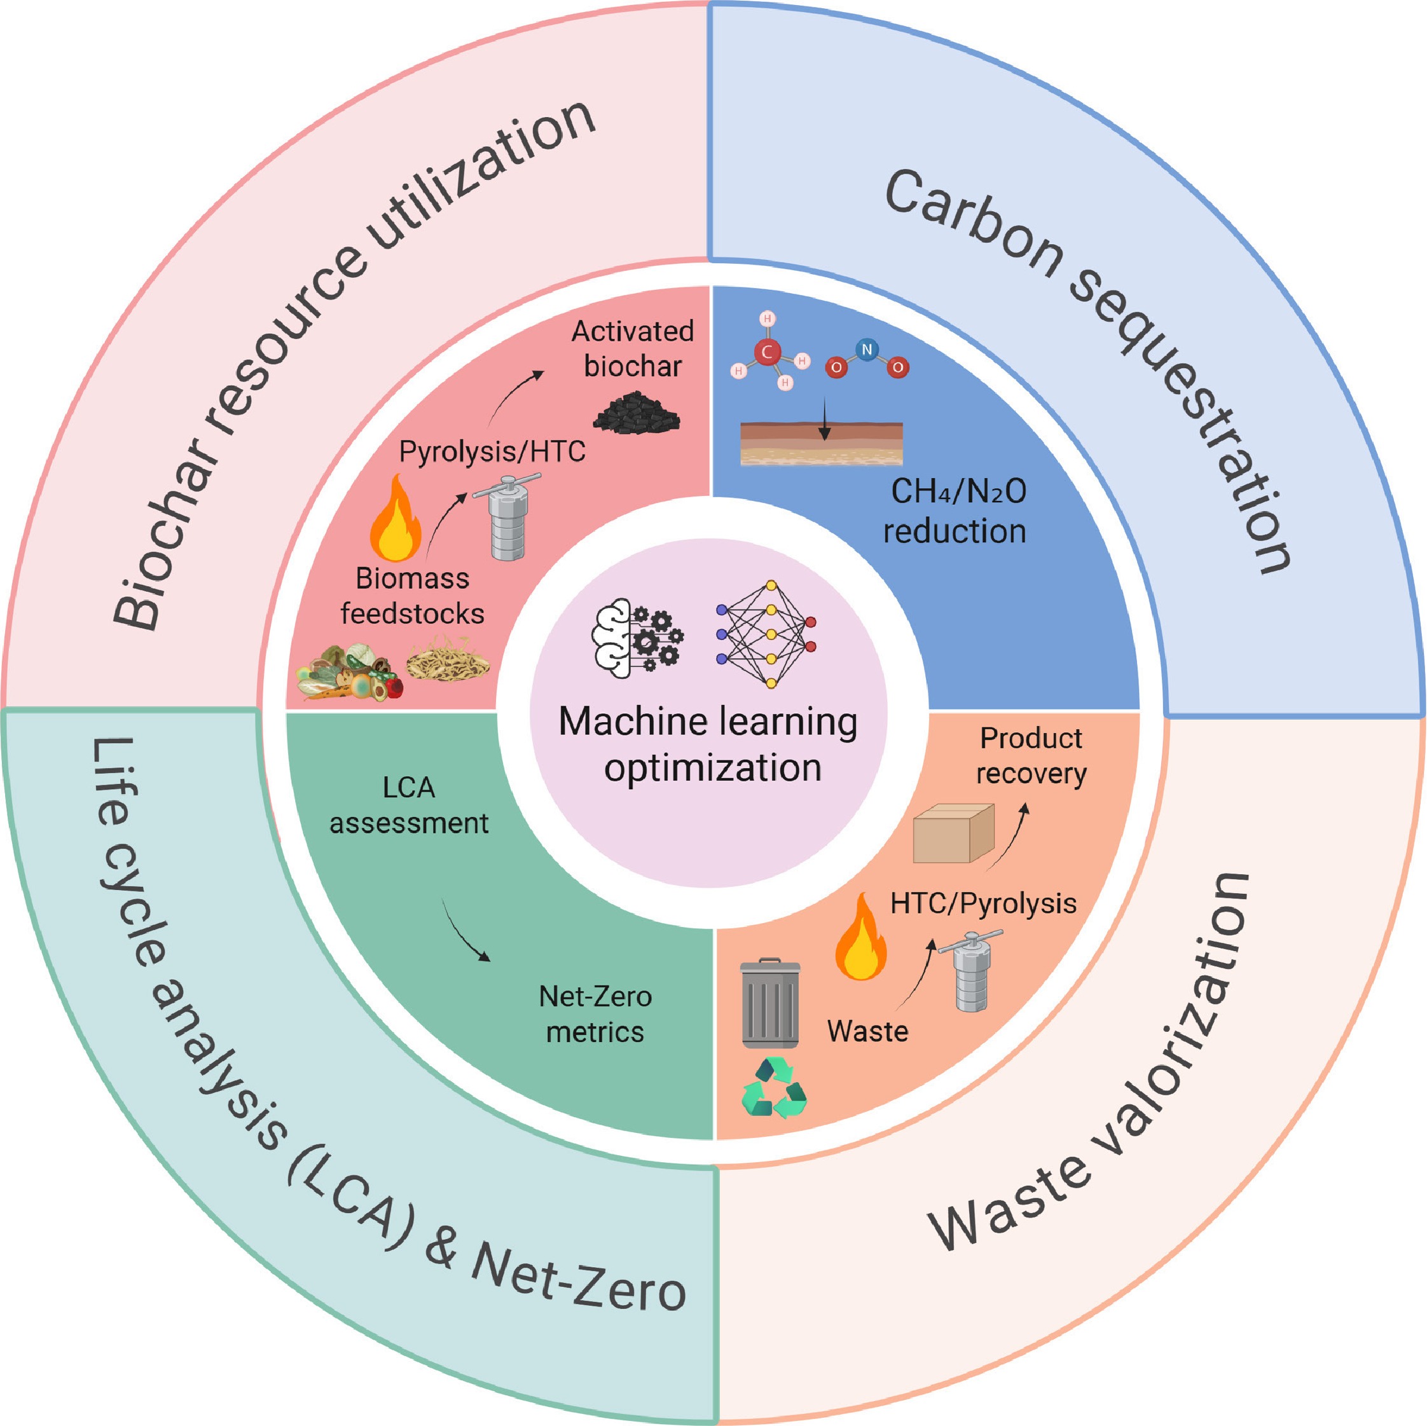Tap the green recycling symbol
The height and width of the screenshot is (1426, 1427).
(774, 1088)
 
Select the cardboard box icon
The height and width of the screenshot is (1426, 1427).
(953, 833)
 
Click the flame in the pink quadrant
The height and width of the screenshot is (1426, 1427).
(396, 521)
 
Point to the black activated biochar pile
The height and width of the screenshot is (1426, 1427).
(636, 412)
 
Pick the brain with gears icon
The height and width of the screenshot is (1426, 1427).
(637, 634)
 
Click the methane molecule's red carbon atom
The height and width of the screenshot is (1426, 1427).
(768, 352)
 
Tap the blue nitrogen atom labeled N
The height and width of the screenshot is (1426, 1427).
(866, 348)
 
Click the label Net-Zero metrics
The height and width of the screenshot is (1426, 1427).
(595, 1014)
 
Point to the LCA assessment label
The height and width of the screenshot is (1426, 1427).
(408, 805)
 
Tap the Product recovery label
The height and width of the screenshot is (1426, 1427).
(1030, 755)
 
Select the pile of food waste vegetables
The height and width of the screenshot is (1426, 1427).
(349, 672)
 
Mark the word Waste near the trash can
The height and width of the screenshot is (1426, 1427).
(867, 1031)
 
